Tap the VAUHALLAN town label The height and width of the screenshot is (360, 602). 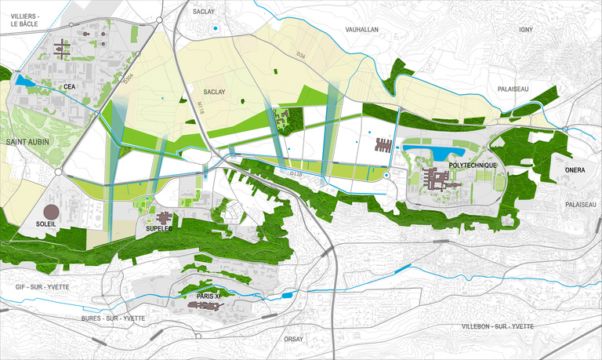[361, 29]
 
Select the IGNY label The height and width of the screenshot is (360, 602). [525, 29]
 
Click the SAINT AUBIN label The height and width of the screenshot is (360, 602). [28, 142]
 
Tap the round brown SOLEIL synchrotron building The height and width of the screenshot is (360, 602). [51, 212]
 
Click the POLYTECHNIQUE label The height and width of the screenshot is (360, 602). [473, 166]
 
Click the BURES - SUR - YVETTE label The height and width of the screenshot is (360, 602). [113, 318]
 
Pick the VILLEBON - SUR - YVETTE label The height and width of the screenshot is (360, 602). [497, 325]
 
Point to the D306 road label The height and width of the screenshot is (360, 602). [129, 76]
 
